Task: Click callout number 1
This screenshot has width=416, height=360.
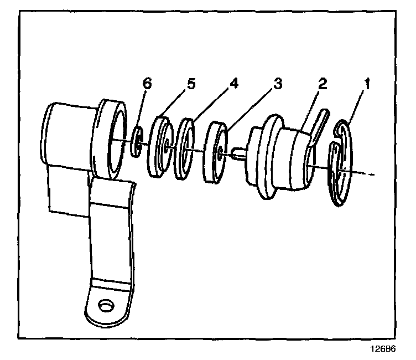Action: pos(366,84)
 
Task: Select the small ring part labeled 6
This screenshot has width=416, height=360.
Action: pos(137,143)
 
